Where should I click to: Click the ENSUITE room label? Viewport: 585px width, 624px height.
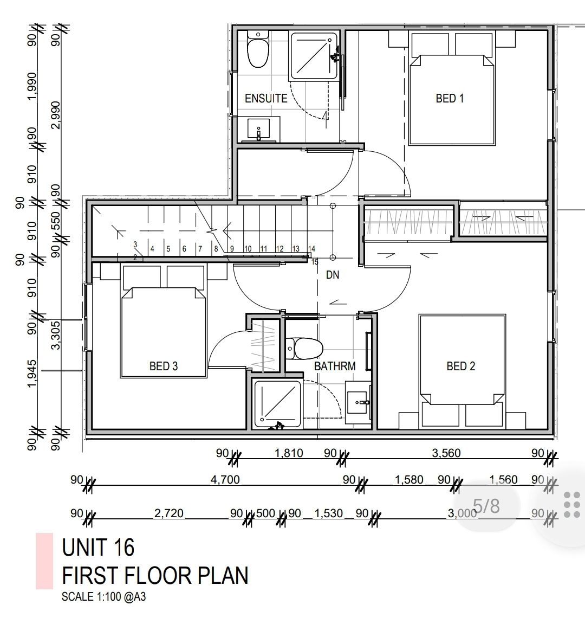point(265,98)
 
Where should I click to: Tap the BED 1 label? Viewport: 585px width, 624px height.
point(450,98)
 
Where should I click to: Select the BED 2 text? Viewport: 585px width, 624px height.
point(461,366)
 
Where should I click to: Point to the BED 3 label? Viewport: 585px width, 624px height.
point(164,366)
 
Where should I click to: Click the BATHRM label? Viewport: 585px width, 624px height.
point(335,366)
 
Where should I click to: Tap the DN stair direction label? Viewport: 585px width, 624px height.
point(333,274)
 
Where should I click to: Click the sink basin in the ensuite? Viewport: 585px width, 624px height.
point(258,128)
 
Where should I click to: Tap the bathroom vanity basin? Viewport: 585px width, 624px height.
point(359,402)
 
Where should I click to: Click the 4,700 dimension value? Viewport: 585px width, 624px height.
point(225,480)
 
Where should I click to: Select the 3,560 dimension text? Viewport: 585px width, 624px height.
point(446,453)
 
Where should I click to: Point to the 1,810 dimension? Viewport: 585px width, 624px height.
point(289,453)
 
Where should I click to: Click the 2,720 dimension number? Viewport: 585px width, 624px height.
point(169,513)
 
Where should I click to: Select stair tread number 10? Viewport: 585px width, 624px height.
point(248,249)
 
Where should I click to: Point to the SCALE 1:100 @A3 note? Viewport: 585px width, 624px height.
point(103,597)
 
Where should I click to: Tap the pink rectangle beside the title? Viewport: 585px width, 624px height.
point(44,561)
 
